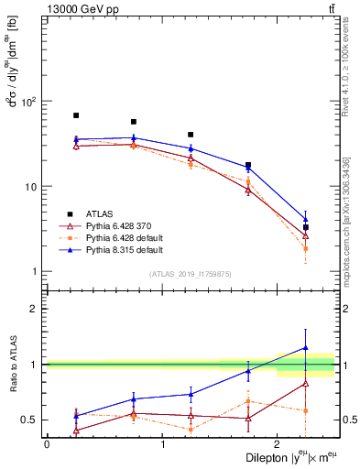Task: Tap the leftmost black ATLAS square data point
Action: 76,115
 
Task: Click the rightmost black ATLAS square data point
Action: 306,227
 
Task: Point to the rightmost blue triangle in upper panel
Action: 306,219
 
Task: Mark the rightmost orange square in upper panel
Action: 306,248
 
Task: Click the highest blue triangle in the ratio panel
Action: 306,348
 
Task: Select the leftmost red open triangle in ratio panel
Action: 76,430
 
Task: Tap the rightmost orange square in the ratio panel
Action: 306,410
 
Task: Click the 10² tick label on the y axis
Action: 30,101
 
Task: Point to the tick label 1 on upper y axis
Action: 35,272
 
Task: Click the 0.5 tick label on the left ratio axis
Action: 29,420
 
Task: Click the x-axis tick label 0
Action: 47,444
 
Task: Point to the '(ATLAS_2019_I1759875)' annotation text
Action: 190,274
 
